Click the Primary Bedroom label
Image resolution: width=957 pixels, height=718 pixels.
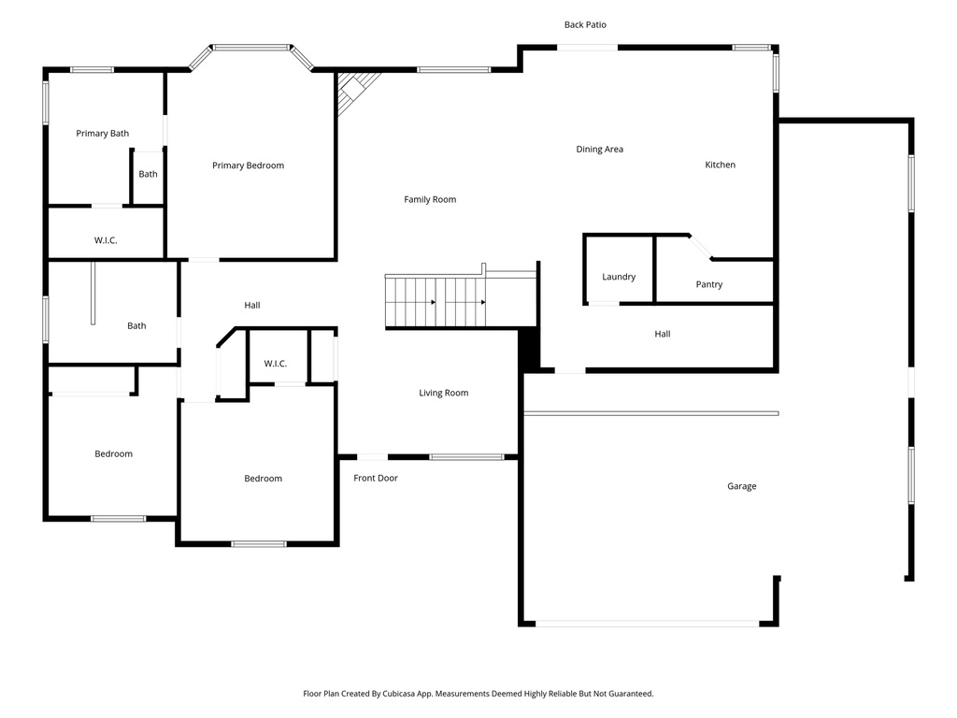coord(248,165)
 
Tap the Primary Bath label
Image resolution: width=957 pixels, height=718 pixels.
coord(103,134)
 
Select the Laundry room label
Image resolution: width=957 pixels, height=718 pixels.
coord(619,277)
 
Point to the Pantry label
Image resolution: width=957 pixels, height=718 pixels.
coord(709,284)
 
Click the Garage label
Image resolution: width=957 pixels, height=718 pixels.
coord(742,486)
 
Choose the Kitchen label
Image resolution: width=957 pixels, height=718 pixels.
coord(720,165)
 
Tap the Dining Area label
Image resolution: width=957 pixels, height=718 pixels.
coord(599,150)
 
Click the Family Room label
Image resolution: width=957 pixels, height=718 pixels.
coord(430,199)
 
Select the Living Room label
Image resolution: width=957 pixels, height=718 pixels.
coord(443,393)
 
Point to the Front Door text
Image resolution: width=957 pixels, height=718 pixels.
coord(376,478)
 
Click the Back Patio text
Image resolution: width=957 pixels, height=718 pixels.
coord(585,24)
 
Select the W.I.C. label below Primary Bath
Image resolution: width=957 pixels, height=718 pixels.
coord(106,240)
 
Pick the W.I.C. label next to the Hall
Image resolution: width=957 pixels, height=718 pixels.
coord(275,363)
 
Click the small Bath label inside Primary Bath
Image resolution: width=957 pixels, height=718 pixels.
coord(149,174)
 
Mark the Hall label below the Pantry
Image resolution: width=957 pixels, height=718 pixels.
coord(663,334)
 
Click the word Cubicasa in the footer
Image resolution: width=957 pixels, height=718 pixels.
coord(405,694)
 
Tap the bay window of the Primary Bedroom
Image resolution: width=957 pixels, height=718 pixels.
coord(251,48)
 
